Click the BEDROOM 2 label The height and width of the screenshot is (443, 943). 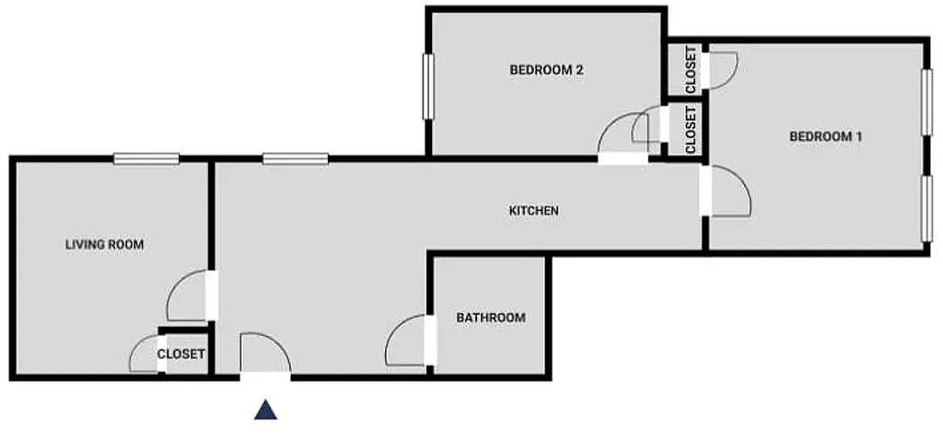point(547,70)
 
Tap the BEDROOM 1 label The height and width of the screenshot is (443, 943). point(826,136)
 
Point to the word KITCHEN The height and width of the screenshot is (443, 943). point(534,210)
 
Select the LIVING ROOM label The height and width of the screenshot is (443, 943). point(105,245)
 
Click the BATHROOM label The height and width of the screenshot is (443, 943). point(491,318)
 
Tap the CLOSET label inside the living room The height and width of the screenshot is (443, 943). point(181,354)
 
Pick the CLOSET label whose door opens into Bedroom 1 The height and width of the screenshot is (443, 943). point(691,70)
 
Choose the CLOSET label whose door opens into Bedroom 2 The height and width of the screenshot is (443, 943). point(691,129)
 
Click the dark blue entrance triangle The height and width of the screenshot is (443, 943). point(265,410)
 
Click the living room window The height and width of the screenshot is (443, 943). point(146,159)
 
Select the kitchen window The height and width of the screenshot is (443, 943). point(296,159)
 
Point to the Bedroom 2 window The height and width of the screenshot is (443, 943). point(429,87)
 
